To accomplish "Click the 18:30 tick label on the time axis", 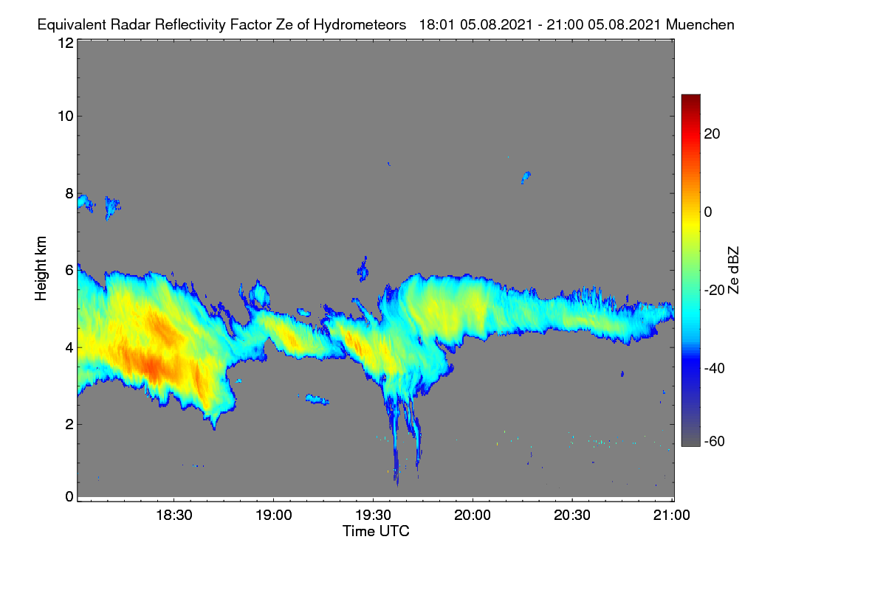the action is click(x=174, y=516).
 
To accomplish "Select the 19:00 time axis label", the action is click(x=274, y=516).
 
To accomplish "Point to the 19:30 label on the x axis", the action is click(x=373, y=516).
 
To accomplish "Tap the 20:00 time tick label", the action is click(x=473, y=516).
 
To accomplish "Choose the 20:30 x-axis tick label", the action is click(x=572, y=516).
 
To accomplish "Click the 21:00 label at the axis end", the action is click(x=671, y=516).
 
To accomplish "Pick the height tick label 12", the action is click(x=66, y=43).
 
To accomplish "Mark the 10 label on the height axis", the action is click(x=66, y=117).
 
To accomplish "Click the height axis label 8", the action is click(x=69, y=193).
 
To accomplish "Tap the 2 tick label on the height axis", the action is click(x=69, y=424).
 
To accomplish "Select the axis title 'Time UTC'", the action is click(x=376, y=531).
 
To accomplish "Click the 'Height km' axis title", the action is click(x=41, y=268).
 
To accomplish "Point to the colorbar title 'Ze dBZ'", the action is click(x=733, y=270).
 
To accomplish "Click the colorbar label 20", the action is click(x=712, y=134).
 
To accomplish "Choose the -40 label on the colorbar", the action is click(x=715, y=368).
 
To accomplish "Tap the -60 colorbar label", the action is click(x=715, y=442).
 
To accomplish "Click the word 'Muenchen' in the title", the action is click(x=700, y=25).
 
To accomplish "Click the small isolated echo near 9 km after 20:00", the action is click(x=526, y=178).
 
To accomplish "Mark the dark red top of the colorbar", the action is click(x=690, y=98).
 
